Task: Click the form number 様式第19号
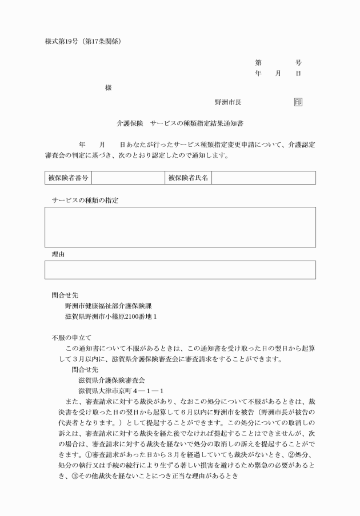coord(62,41)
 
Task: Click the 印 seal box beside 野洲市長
coord(298,102)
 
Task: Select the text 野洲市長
coord(227,102)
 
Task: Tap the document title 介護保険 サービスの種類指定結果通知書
coord(183,123)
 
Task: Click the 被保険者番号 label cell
coord(67,178)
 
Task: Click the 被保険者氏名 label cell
coord(188,178)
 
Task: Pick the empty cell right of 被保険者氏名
coord(263,178)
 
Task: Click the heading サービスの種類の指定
coord(89,200)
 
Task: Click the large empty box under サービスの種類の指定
coord(180,227)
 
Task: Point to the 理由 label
coord(58,254)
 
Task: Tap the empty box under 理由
coord(180,270)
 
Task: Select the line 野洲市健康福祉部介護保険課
coord(109,306)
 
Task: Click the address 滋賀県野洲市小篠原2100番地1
coord(111,316)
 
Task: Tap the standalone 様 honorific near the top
coord(108,88)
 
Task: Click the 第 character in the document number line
coord(258,63)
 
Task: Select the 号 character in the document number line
coord(298,63)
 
